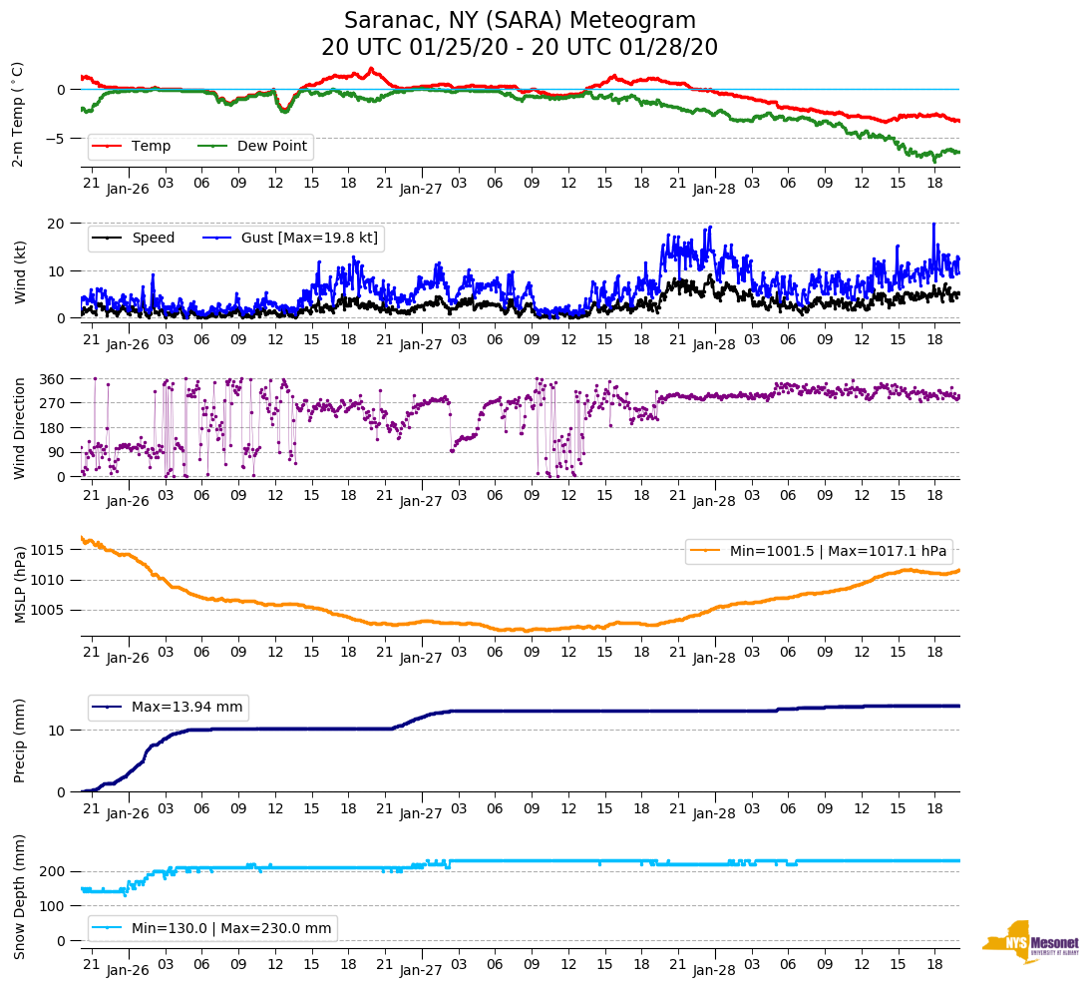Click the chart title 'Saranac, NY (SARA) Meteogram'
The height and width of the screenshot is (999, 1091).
520,21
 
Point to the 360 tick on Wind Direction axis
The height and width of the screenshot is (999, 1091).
53,379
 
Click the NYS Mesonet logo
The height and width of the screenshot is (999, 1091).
1031,941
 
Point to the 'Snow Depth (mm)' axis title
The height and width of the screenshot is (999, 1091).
20,895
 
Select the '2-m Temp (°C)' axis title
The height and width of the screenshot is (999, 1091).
18,114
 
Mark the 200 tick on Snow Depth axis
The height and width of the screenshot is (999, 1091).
53,872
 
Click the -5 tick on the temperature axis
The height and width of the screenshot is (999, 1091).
58,139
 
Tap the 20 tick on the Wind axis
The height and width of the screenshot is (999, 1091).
57,223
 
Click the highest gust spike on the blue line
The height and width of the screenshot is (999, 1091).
934,224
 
